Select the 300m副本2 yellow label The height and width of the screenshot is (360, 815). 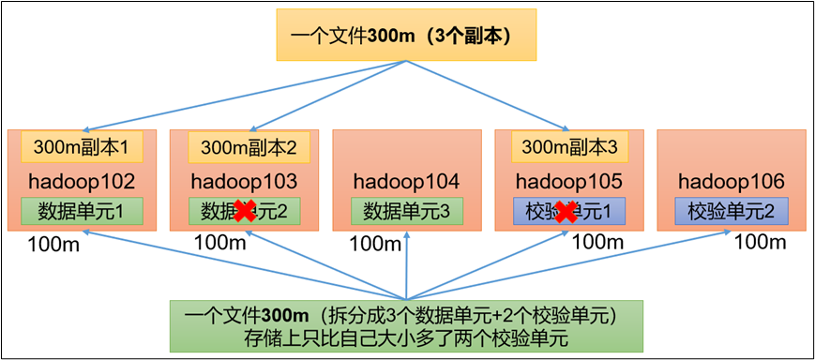(x=243, y=146)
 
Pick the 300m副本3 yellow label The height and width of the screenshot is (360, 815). (x=569, y=146)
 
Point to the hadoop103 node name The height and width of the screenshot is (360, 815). (x=243, y=179)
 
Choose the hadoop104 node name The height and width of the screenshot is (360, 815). (x=406, y=179)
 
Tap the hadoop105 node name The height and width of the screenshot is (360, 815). (x=569, y=179)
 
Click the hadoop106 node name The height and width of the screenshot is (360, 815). (x=731, y=179)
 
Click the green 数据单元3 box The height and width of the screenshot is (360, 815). (x=406, y=211)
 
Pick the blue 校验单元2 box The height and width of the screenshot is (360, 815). (x=731, y=211)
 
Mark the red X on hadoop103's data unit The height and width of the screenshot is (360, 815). (x=245, y=212)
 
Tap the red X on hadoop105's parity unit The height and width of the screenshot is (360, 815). (x=566, y=213)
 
